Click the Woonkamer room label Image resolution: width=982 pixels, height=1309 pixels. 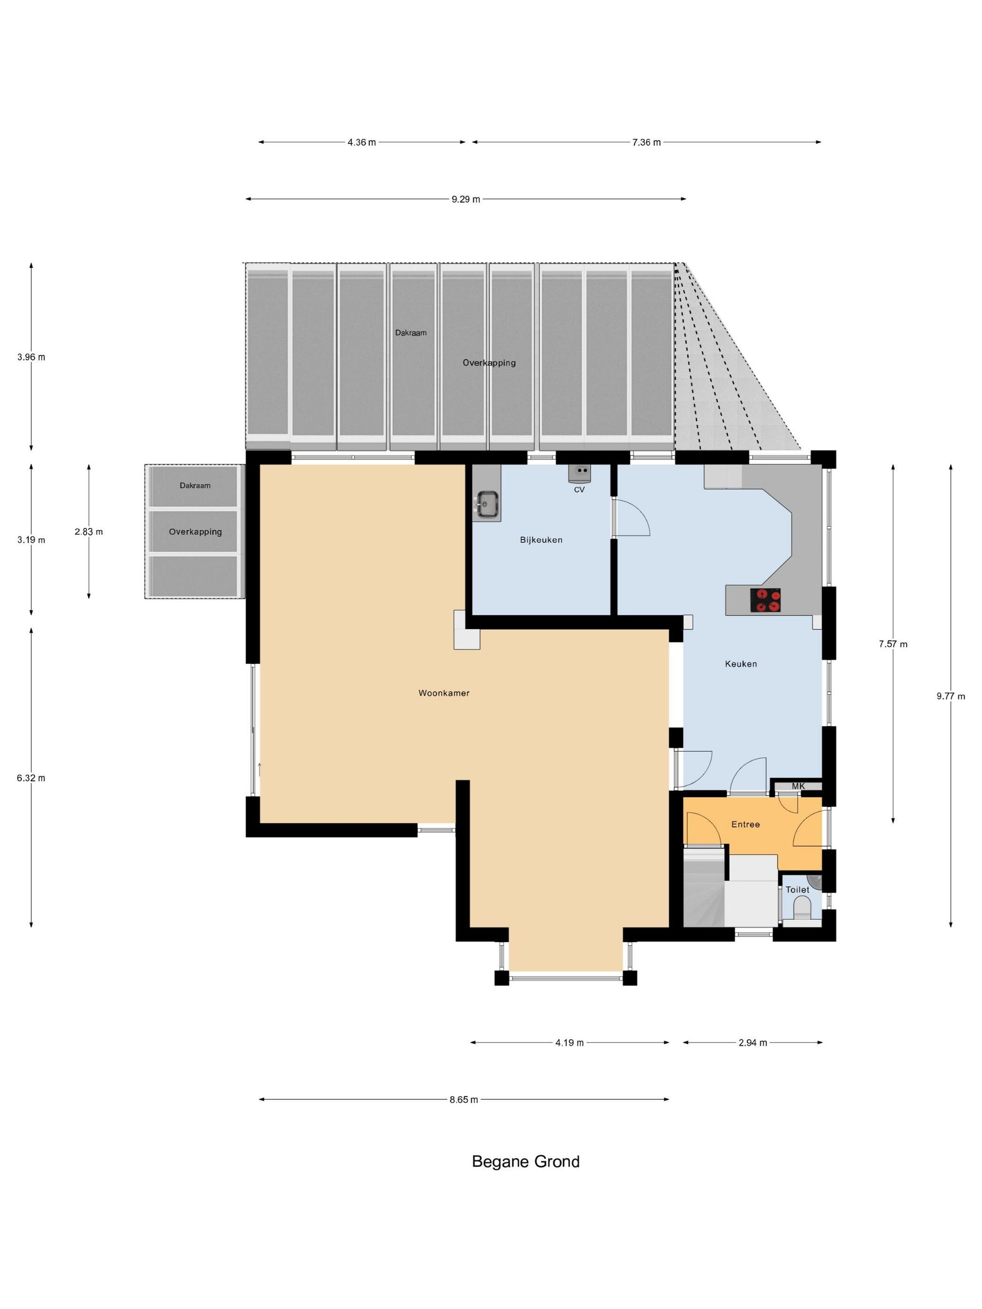pos(444,693)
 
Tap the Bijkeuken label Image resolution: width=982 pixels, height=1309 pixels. pos(541,539)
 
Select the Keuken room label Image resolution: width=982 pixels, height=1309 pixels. pos(741,664)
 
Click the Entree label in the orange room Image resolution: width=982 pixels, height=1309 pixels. pos(745,824)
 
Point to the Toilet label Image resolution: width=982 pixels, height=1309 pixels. pos(797,890)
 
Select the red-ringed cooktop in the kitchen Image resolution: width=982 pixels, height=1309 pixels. pos(765,601)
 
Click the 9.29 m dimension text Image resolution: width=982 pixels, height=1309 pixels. pos(466,200)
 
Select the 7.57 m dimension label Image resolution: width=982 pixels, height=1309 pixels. pos(893,644)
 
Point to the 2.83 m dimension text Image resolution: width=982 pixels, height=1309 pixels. pos(89,532)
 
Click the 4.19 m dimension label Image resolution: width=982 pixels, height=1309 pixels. pos(570,1043)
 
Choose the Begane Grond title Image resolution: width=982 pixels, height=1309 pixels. pos(526,1162)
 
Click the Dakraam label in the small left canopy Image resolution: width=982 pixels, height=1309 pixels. pos(195,485)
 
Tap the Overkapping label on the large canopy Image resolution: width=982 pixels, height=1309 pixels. pos(489,363)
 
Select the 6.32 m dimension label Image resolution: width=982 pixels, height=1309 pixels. pos(31,778)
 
